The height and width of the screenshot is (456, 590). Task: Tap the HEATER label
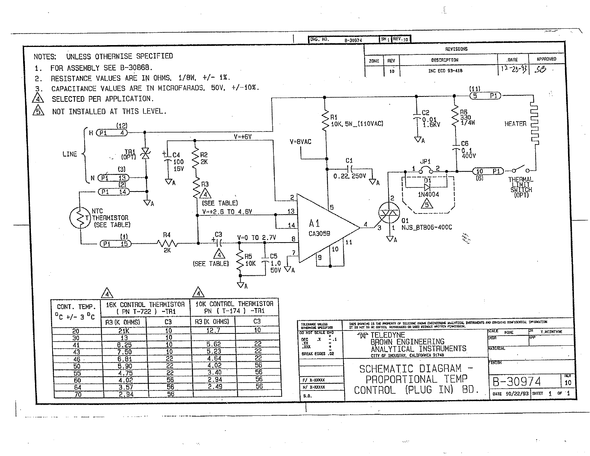(515, 124)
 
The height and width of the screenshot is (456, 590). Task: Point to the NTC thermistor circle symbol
(80, 218)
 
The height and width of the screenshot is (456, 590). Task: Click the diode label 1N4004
(428, 194)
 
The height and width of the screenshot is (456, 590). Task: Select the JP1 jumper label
(425, 162)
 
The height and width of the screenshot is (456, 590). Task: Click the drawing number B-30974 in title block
(517, 382)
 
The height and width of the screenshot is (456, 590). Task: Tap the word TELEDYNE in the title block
(387, 335)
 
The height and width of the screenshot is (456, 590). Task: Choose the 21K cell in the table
(123, 331)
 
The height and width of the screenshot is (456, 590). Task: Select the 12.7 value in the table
(213, 330)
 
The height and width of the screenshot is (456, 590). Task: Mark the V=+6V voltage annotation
(242, 137)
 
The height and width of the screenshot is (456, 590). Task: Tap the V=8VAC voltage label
(300, 142)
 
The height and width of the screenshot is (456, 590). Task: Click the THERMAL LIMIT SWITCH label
(521, 187)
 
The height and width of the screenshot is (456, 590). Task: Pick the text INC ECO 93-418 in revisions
(445, 71)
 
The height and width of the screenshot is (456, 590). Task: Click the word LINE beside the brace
(70, 154)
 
